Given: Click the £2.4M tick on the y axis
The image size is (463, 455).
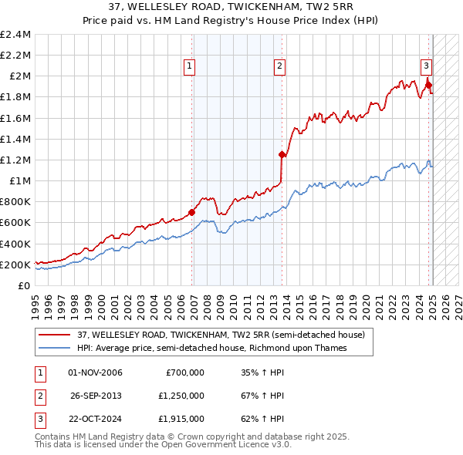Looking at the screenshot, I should tap(15, 35).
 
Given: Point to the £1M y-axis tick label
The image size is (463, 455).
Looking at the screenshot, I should tap(20, 181).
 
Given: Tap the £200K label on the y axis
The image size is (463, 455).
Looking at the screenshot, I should tap(15, 265).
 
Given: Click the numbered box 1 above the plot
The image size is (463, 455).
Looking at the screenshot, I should tap(189, 67).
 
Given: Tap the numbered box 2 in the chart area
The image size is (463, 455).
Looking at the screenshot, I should tap(279, 67).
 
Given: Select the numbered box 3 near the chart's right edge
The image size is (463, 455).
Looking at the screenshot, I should tap(425, 67).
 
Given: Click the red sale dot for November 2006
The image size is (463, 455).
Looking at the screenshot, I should tap(191, 212).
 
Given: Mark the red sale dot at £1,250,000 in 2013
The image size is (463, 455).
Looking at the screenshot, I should tap(282, 155).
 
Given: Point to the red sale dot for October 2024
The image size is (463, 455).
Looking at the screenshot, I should tap(428, 86).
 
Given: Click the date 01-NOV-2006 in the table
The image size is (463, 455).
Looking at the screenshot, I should tap(96, 372).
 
